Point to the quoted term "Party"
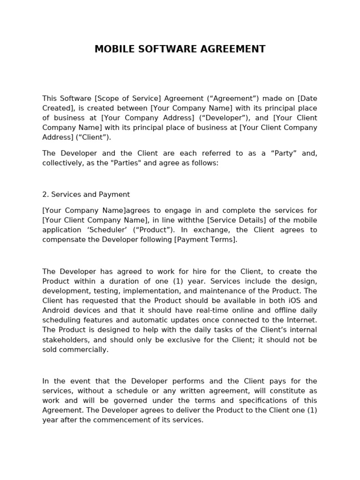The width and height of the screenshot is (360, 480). coord(283,153)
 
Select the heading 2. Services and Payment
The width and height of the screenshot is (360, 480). coord(86,194)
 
